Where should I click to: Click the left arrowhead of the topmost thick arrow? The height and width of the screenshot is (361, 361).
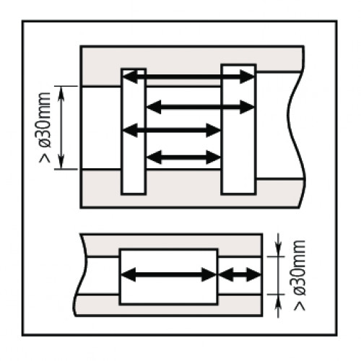pos(130,77)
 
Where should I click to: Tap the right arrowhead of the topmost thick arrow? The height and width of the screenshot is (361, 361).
pos(247,77)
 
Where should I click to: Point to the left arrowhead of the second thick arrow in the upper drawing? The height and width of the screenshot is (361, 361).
pos(154,107)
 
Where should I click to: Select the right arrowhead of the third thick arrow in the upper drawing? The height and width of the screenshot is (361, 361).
pos(214,130)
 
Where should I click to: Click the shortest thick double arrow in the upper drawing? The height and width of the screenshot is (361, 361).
pos(183,157)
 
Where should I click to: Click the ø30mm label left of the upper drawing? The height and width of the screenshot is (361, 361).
pos(45,120)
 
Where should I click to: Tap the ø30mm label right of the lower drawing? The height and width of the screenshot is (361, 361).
pos(299,267)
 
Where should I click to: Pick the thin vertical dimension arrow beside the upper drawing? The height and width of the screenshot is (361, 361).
pos(61,128)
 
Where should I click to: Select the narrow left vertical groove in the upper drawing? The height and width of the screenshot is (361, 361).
pos(134,131)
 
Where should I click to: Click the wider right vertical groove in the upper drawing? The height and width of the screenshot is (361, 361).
pos(238,129)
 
